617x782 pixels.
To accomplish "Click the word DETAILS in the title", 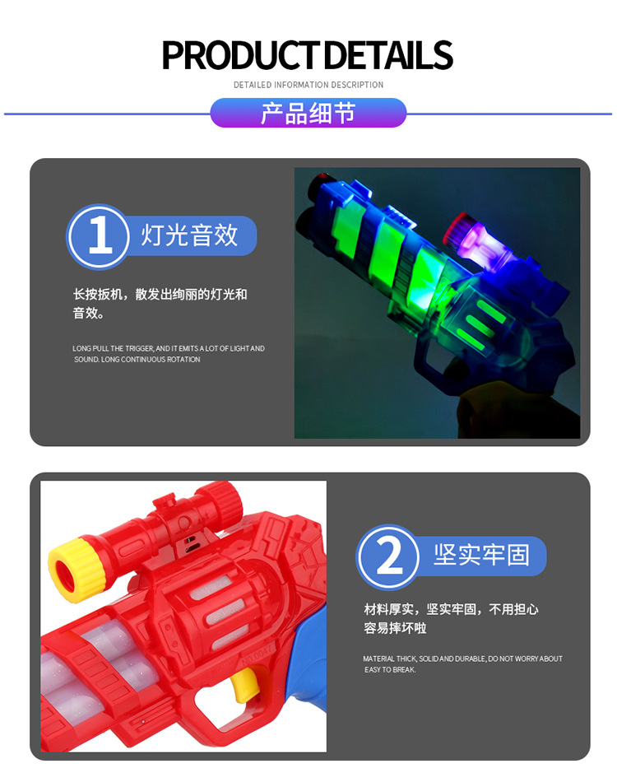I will point(387,55).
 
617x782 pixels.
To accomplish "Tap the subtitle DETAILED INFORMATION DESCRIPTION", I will point(308,85).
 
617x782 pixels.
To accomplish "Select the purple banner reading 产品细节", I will point(308,113).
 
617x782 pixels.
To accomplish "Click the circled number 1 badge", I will point(98,236).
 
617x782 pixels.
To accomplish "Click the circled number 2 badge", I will point(388,557).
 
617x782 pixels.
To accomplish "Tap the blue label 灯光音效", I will point(191,236).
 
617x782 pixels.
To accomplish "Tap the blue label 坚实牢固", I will point(481,556).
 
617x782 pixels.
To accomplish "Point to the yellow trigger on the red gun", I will point(243,685).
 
